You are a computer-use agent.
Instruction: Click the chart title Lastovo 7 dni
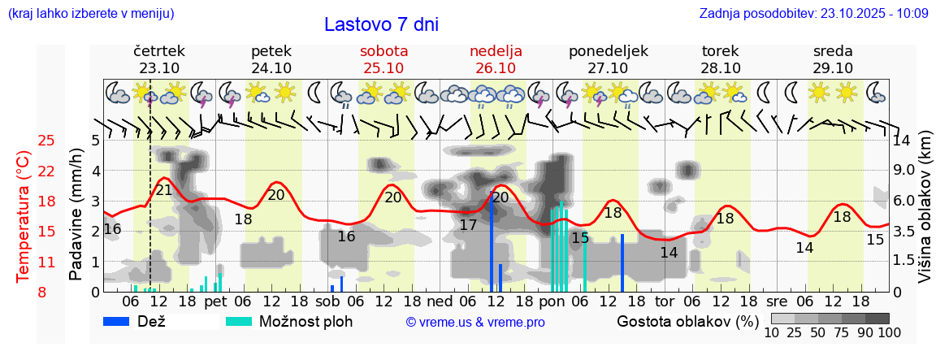[x=381, y=24]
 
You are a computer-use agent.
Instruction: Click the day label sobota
[x=383, y=51]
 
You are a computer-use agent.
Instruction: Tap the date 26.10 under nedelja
[x=496, y=68]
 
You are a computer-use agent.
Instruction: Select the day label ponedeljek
[x=609, y=51]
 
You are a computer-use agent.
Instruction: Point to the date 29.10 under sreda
[x=833, y=68]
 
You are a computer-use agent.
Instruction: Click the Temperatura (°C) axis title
[x=24, y=216]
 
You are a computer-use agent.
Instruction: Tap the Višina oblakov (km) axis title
[x=925, y=216]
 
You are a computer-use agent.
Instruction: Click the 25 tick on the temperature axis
[x=46, y=141]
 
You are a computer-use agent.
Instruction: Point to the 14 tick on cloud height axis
[x=902, y=141]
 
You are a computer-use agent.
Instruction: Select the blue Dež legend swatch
[x=122, y=321]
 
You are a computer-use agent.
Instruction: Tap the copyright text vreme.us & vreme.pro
[x=475, y=322]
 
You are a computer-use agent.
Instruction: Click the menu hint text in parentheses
[x=90, y=14]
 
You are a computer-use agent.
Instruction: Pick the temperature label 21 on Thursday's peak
[x=164, y=190]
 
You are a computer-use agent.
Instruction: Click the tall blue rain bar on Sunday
[x=492, y=244]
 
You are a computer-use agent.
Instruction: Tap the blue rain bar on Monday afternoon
[x=622, y=262]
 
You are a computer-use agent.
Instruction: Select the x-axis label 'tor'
[x=665, y=301]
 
